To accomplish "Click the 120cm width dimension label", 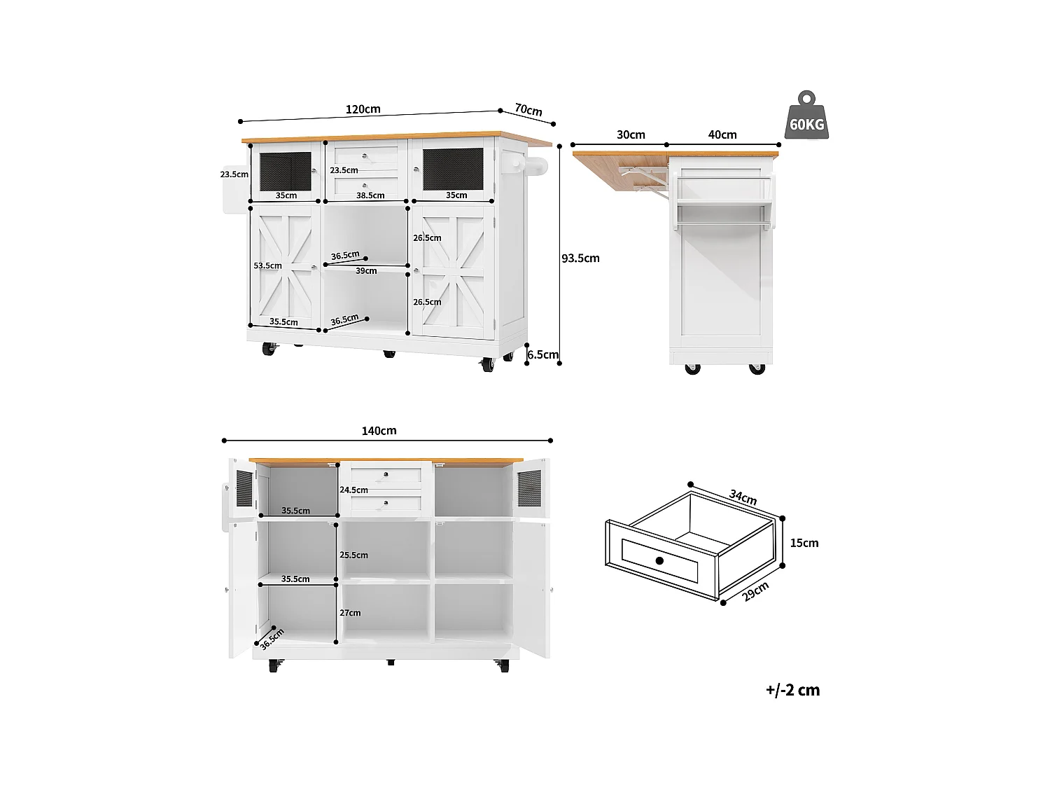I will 363,109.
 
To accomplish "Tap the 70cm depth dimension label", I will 528,110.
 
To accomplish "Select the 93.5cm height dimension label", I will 580,258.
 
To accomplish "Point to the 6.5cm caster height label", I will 542,355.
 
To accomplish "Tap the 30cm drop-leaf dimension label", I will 631,135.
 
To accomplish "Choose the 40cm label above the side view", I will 722,135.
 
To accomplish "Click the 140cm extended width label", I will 379,431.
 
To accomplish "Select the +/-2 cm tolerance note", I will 792,690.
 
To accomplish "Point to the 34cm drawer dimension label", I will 743,498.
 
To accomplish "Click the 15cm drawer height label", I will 804,543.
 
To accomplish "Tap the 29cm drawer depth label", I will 755,591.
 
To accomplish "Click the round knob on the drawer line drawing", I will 659,560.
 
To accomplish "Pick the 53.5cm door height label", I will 267,266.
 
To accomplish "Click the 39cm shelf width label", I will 366,270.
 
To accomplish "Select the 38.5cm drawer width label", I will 370,196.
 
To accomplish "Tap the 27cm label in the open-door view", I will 350,613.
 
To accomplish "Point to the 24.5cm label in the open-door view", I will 353,490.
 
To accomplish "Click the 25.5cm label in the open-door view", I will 353,555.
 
